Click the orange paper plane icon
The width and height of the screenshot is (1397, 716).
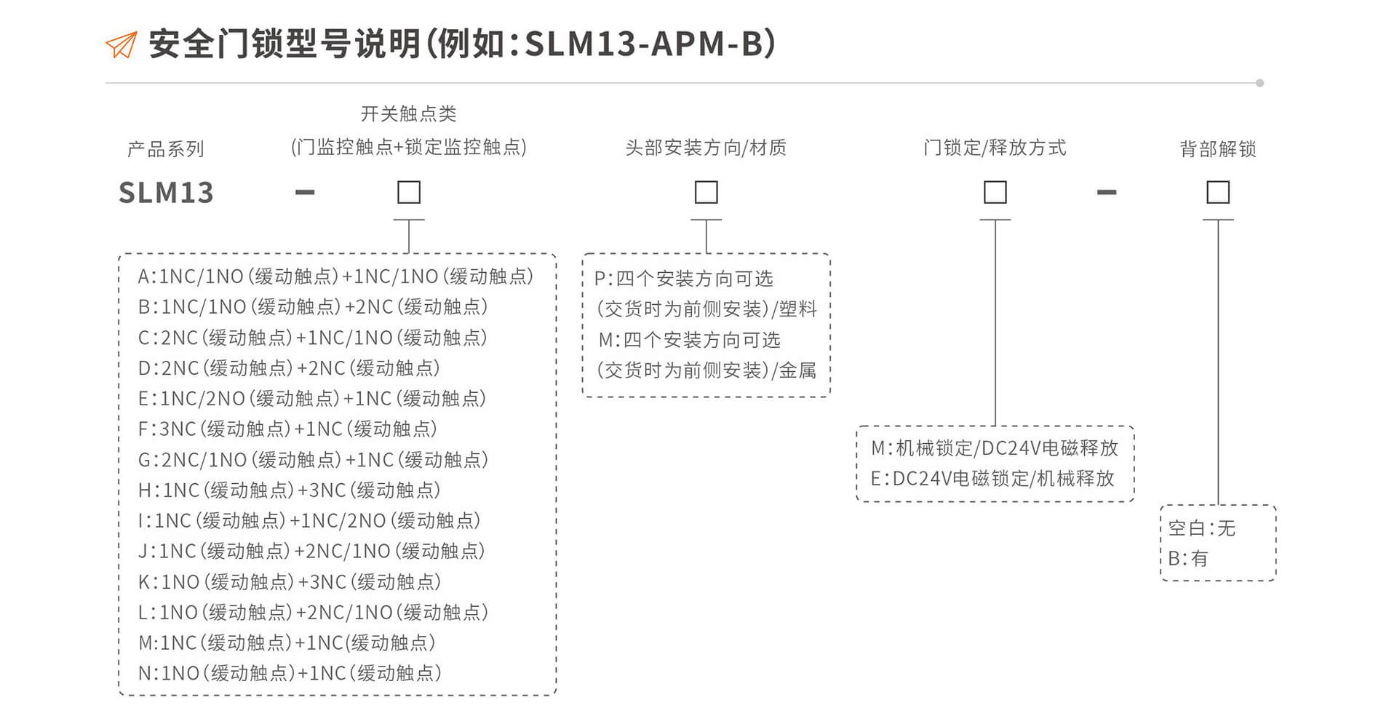(122, 45)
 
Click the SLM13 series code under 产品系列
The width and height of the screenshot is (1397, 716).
(166, 193)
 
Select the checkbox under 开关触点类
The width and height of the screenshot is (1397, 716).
(409, 192)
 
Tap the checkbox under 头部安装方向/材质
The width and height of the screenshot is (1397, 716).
(706, 192)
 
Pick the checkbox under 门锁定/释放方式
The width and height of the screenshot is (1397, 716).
(995, 192)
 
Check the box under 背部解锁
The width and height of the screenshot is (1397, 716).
(1218, 192)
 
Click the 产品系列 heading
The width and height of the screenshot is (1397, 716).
(166, 149)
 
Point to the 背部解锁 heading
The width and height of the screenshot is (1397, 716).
(1218, 149)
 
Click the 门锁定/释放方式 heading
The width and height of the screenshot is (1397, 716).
(995, 148)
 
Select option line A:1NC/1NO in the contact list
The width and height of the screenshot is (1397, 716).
(335, 277)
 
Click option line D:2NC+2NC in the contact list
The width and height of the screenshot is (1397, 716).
(289, 368)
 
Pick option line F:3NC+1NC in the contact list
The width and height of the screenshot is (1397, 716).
(287, 429)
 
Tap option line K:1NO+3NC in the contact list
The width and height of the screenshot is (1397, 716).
(290, 582)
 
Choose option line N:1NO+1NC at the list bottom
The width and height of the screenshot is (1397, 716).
(290, 673)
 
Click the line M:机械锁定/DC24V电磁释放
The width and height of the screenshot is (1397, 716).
(995, 448)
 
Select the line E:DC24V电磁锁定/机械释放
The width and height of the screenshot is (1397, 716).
(992, 479)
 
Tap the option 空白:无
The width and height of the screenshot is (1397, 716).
(1202, 528)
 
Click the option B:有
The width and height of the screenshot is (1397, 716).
(1187, 559)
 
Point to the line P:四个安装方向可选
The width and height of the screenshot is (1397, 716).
(684, 279)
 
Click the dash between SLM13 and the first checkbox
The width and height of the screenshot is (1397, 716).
(305, 193)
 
